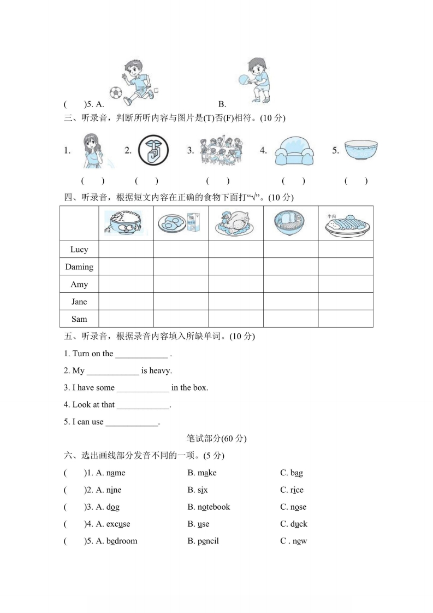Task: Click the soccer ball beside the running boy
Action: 115,92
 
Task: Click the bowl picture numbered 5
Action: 361,148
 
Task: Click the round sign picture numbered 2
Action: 153,150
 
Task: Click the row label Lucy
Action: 79,250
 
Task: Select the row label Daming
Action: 79,267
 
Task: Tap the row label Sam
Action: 79,319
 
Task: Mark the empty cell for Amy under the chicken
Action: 235,284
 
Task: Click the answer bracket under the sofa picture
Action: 293,181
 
